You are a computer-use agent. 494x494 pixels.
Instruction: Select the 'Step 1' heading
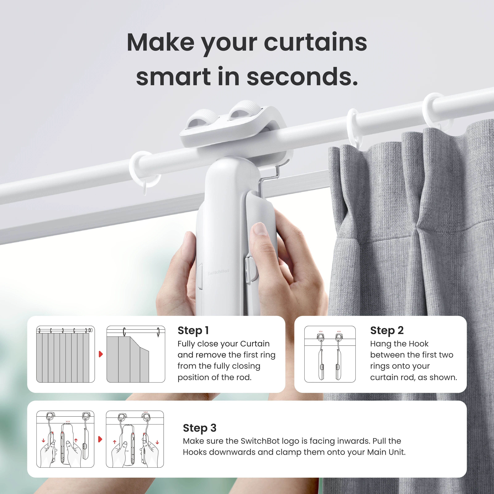[x=193, y=330]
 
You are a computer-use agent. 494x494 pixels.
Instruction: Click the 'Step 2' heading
[x=387, y=330]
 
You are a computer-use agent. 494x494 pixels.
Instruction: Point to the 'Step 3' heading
[x=199, y=428]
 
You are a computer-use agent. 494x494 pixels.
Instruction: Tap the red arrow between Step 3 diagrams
[x=100, y=439]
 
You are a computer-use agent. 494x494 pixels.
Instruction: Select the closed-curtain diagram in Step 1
[x=65, y=354]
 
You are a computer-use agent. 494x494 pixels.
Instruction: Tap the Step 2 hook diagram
[x=330, y=354]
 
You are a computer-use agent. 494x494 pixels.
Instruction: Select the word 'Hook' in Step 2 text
[x=418, y=344]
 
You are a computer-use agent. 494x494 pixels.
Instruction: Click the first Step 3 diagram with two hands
[x=65, y=439]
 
